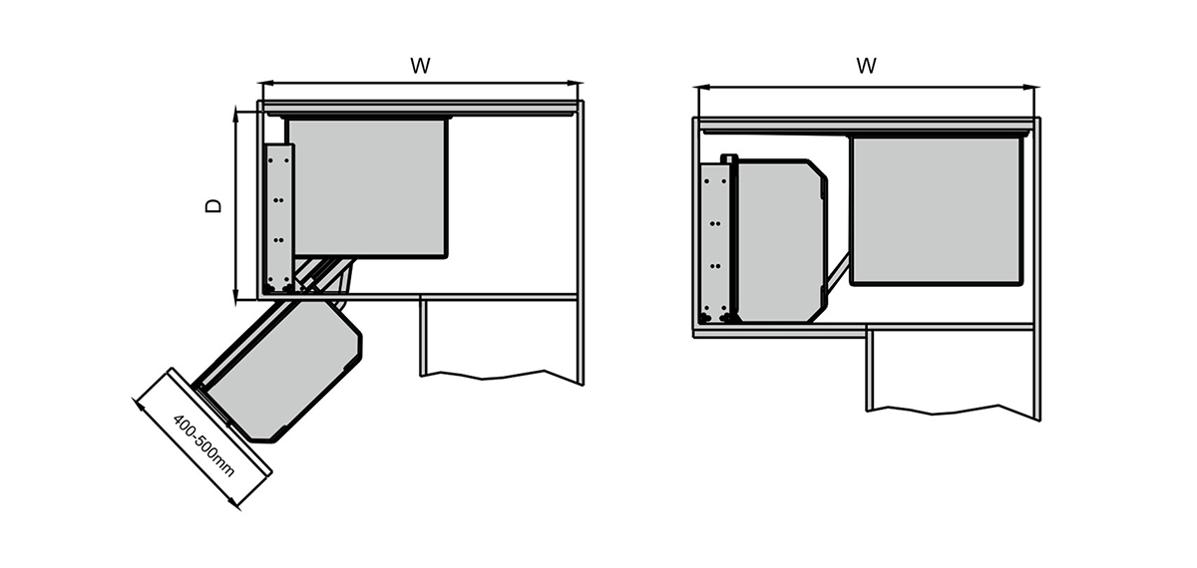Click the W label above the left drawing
(x=420, y=66)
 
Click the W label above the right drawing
(x=866, y=66)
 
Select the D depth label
(x=213, y=206)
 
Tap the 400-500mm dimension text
(x=203, y=445)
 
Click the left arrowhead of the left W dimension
(x=265, y=84)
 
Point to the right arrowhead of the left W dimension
(x=573, y=84)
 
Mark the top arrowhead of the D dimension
(x=236, y=115)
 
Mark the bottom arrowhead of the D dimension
(x=236, y=297)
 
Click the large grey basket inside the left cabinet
(x=368, y=188)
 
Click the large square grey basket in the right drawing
(x=937, y=211)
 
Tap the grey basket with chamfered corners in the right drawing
(x=780, y=241)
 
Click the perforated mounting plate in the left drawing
(x=279, y=218)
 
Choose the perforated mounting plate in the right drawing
(x=715, y=243)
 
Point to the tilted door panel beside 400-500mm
(x=220, y=421)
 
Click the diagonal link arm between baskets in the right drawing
(x=838, y=273)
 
